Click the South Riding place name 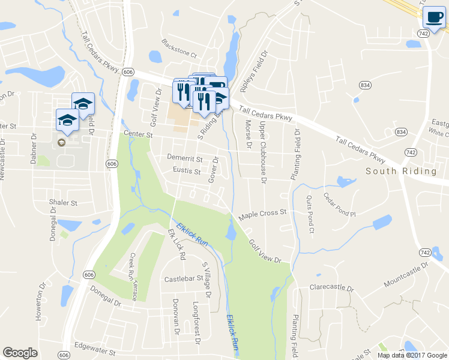(401, 172)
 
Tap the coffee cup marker (433, 17)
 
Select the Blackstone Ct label (179, 48)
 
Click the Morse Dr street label (248, 134)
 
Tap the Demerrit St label (184, 160)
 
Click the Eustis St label (187, 172)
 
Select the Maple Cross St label (263, 214)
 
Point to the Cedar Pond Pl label (340, 205)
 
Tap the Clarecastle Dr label (331, 287)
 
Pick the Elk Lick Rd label (177, 244)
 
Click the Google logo (20, 353)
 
